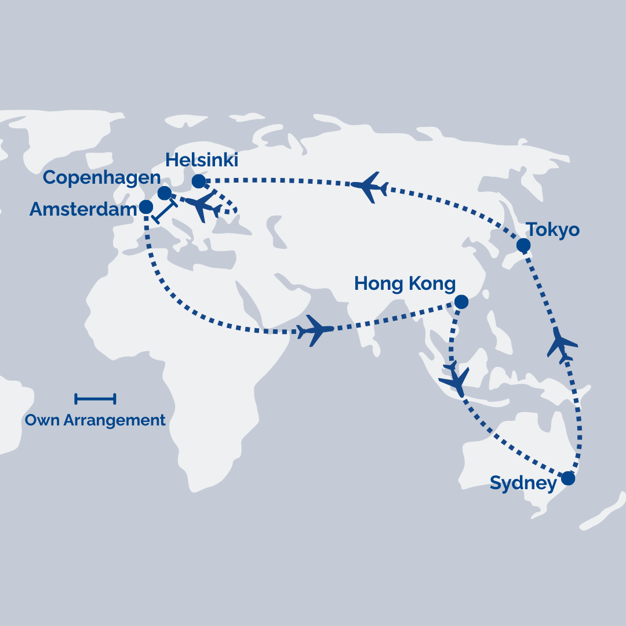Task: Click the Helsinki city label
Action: [202, 160]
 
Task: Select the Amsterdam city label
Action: [83, 209]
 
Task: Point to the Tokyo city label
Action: [552, 230]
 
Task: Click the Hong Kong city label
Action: [405, 283]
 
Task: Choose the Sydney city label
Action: [523, 483]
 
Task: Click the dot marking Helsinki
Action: [199, 181]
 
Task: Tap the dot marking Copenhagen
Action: [165, 193]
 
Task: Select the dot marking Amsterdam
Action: [147, 207]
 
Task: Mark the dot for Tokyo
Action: [523, 245]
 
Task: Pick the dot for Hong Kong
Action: [461, 301]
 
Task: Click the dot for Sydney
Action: [568, 478]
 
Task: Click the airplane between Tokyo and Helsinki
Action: [369, 187]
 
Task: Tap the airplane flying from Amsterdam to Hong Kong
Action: [315, 331]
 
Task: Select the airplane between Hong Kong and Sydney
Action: [455, 379]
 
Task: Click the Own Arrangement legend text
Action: [95, 420]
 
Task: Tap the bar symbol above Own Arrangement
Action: [95, 398]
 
